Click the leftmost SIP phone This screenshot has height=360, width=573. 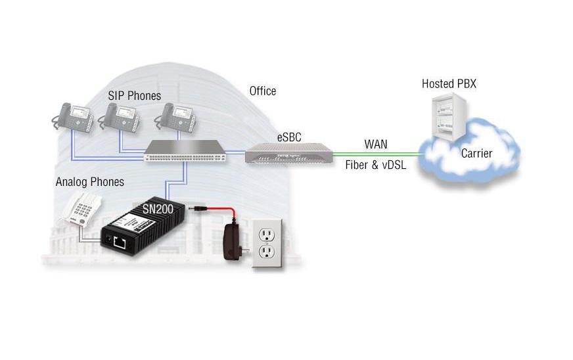coord(71,117)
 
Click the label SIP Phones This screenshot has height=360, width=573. coord(135,96)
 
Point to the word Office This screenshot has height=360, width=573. coord(263,91)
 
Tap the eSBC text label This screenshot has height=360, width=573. coord(287,137)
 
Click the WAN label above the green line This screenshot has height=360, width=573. coord(376,144)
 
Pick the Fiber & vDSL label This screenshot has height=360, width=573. coord(376,166)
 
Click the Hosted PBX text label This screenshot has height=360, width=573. coord(449,84)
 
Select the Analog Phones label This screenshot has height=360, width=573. coord(89,181)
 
